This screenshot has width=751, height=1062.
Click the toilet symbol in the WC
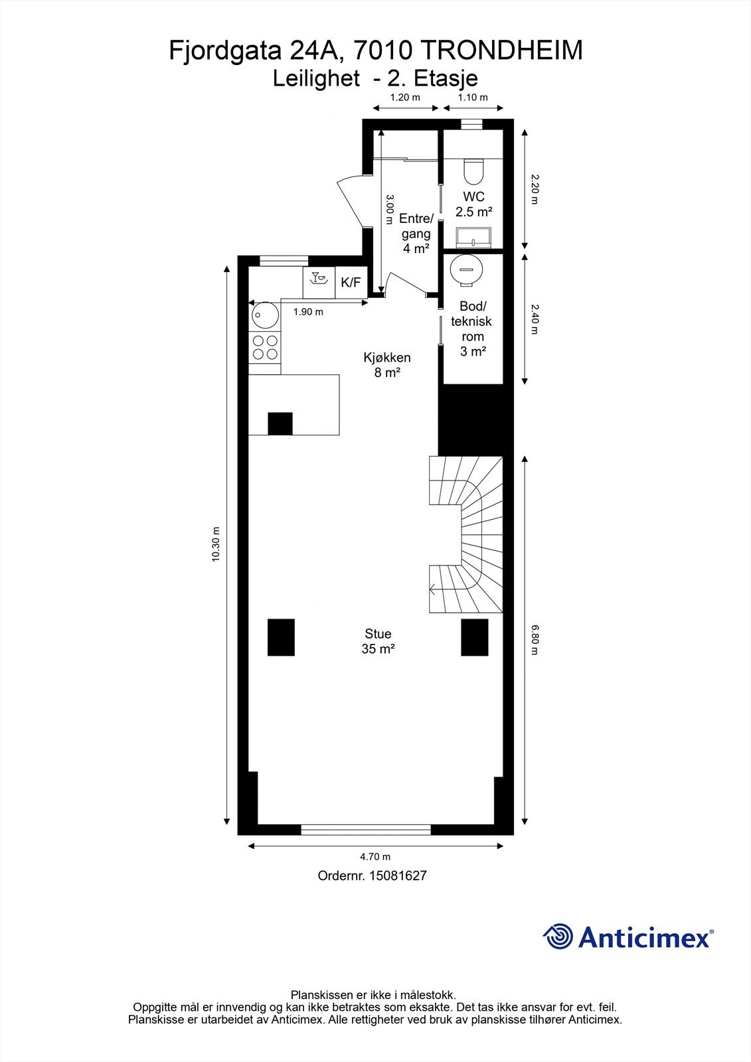tap(473, 171)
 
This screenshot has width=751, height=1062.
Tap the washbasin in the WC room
tap(473, 237)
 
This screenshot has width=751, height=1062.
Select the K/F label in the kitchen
tap(351, 283)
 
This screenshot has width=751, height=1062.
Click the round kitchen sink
tap(265, 315)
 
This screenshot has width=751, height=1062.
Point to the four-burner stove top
tap(265, 348)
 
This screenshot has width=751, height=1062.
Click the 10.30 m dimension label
tap(216, 544)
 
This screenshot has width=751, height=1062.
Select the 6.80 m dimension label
tap(535, 640)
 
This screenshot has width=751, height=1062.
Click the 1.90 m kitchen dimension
tap(308, 312)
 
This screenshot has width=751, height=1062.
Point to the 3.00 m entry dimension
tap(389, 209)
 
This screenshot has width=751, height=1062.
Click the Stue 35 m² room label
tap(378, 641)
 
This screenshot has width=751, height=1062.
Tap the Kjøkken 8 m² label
tap(387, 364)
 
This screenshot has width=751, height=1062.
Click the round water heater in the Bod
tap(467, 269)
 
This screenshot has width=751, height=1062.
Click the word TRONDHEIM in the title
tap(502, 50)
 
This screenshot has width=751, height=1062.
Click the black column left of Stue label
tap(281, 637)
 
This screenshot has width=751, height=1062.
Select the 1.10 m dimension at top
tap(473, 98)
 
